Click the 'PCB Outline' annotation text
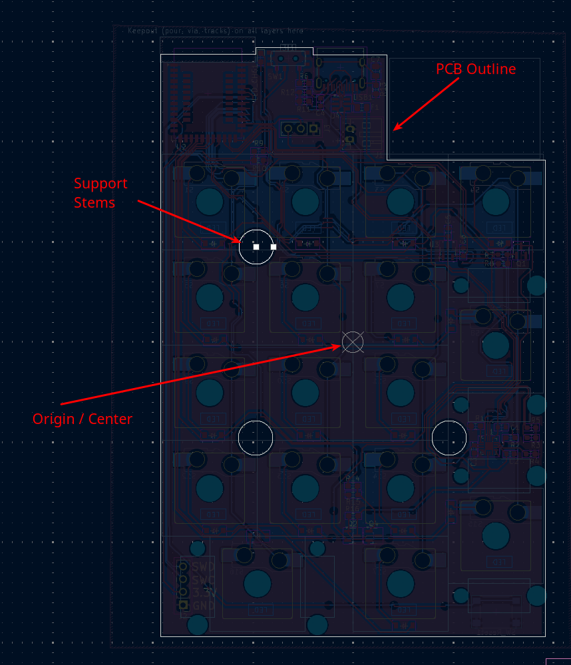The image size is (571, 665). point(476,69)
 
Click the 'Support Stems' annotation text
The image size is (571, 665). point(100,192)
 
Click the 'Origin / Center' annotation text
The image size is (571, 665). point(83,419)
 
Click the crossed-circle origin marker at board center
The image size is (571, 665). point(353,341)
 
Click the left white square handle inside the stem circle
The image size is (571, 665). point(256,247)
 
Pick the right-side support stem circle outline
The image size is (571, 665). point(449,437)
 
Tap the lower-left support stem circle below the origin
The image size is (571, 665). point(256,437)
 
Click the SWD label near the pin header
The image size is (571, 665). point(203,567)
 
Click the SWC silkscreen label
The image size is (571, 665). point(203,580)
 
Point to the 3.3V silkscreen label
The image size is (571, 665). point(203,592)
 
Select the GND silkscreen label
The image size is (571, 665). point(203,605)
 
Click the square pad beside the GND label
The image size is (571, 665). point(183,605)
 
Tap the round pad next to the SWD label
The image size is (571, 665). point(183,567)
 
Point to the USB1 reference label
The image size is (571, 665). point(363,97)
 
